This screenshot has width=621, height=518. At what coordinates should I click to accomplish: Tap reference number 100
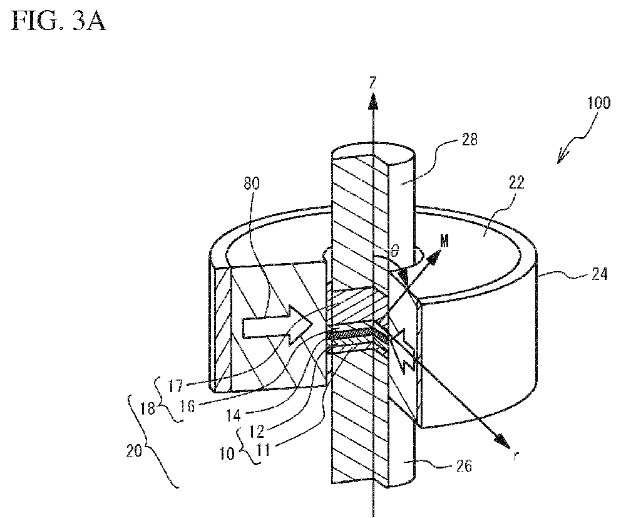coord(598,103)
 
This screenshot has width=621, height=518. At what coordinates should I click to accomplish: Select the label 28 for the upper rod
coord(470,140)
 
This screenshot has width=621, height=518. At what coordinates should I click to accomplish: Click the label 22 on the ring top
coord(516,182)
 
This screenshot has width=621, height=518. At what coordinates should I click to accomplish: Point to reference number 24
coord(599,274)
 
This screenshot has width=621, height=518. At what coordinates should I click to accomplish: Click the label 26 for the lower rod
coord(464,465)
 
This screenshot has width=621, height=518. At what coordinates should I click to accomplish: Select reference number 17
coord(175,386)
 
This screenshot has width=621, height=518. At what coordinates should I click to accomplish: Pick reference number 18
coord(148,408)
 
